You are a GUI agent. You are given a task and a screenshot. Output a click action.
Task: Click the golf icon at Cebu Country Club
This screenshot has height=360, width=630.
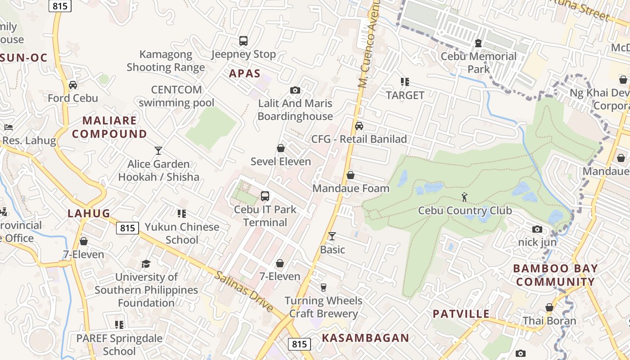coord(465,197)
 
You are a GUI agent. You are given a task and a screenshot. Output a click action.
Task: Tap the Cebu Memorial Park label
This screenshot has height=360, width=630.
coord(478,63)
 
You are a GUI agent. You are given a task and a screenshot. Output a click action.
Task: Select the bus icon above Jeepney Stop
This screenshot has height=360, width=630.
coord(243,41)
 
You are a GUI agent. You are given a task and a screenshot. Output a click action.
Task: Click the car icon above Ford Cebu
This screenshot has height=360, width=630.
coord(73,85)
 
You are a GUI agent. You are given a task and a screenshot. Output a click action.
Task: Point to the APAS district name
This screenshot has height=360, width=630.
coord(245,73)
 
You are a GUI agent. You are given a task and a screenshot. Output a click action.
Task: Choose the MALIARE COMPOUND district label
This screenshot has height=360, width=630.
coord(109,127)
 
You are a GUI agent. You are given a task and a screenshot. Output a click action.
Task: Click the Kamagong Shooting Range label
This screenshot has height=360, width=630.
coord(166,61)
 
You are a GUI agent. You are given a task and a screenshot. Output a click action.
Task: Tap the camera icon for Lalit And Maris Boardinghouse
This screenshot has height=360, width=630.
coord(295,90)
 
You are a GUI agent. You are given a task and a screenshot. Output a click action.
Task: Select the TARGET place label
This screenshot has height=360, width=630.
coord(405,95)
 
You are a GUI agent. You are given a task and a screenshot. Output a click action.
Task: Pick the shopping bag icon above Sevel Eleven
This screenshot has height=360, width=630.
coord(281,148)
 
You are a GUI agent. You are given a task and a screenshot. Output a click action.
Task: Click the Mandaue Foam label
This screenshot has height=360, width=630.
coord(351,188)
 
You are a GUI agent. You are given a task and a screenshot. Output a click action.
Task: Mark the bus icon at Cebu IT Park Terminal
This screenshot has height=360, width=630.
coord(265,196)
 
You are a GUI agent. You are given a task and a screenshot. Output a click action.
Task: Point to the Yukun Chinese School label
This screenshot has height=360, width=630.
coord(182,233)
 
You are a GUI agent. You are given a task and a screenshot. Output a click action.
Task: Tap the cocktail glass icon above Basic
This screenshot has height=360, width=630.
coord(332,236)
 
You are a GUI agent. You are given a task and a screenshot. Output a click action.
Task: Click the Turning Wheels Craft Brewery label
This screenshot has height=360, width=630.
coord(324,307)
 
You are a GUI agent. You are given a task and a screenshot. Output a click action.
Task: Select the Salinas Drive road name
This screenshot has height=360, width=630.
coord(243,292)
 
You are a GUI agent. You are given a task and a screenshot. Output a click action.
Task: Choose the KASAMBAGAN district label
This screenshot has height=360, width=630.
coord(365,338)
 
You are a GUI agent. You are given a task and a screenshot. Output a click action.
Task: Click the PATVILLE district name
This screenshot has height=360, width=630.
coord(461,314)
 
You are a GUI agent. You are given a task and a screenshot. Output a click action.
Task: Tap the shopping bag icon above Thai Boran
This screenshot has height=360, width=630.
coord(549,308)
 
